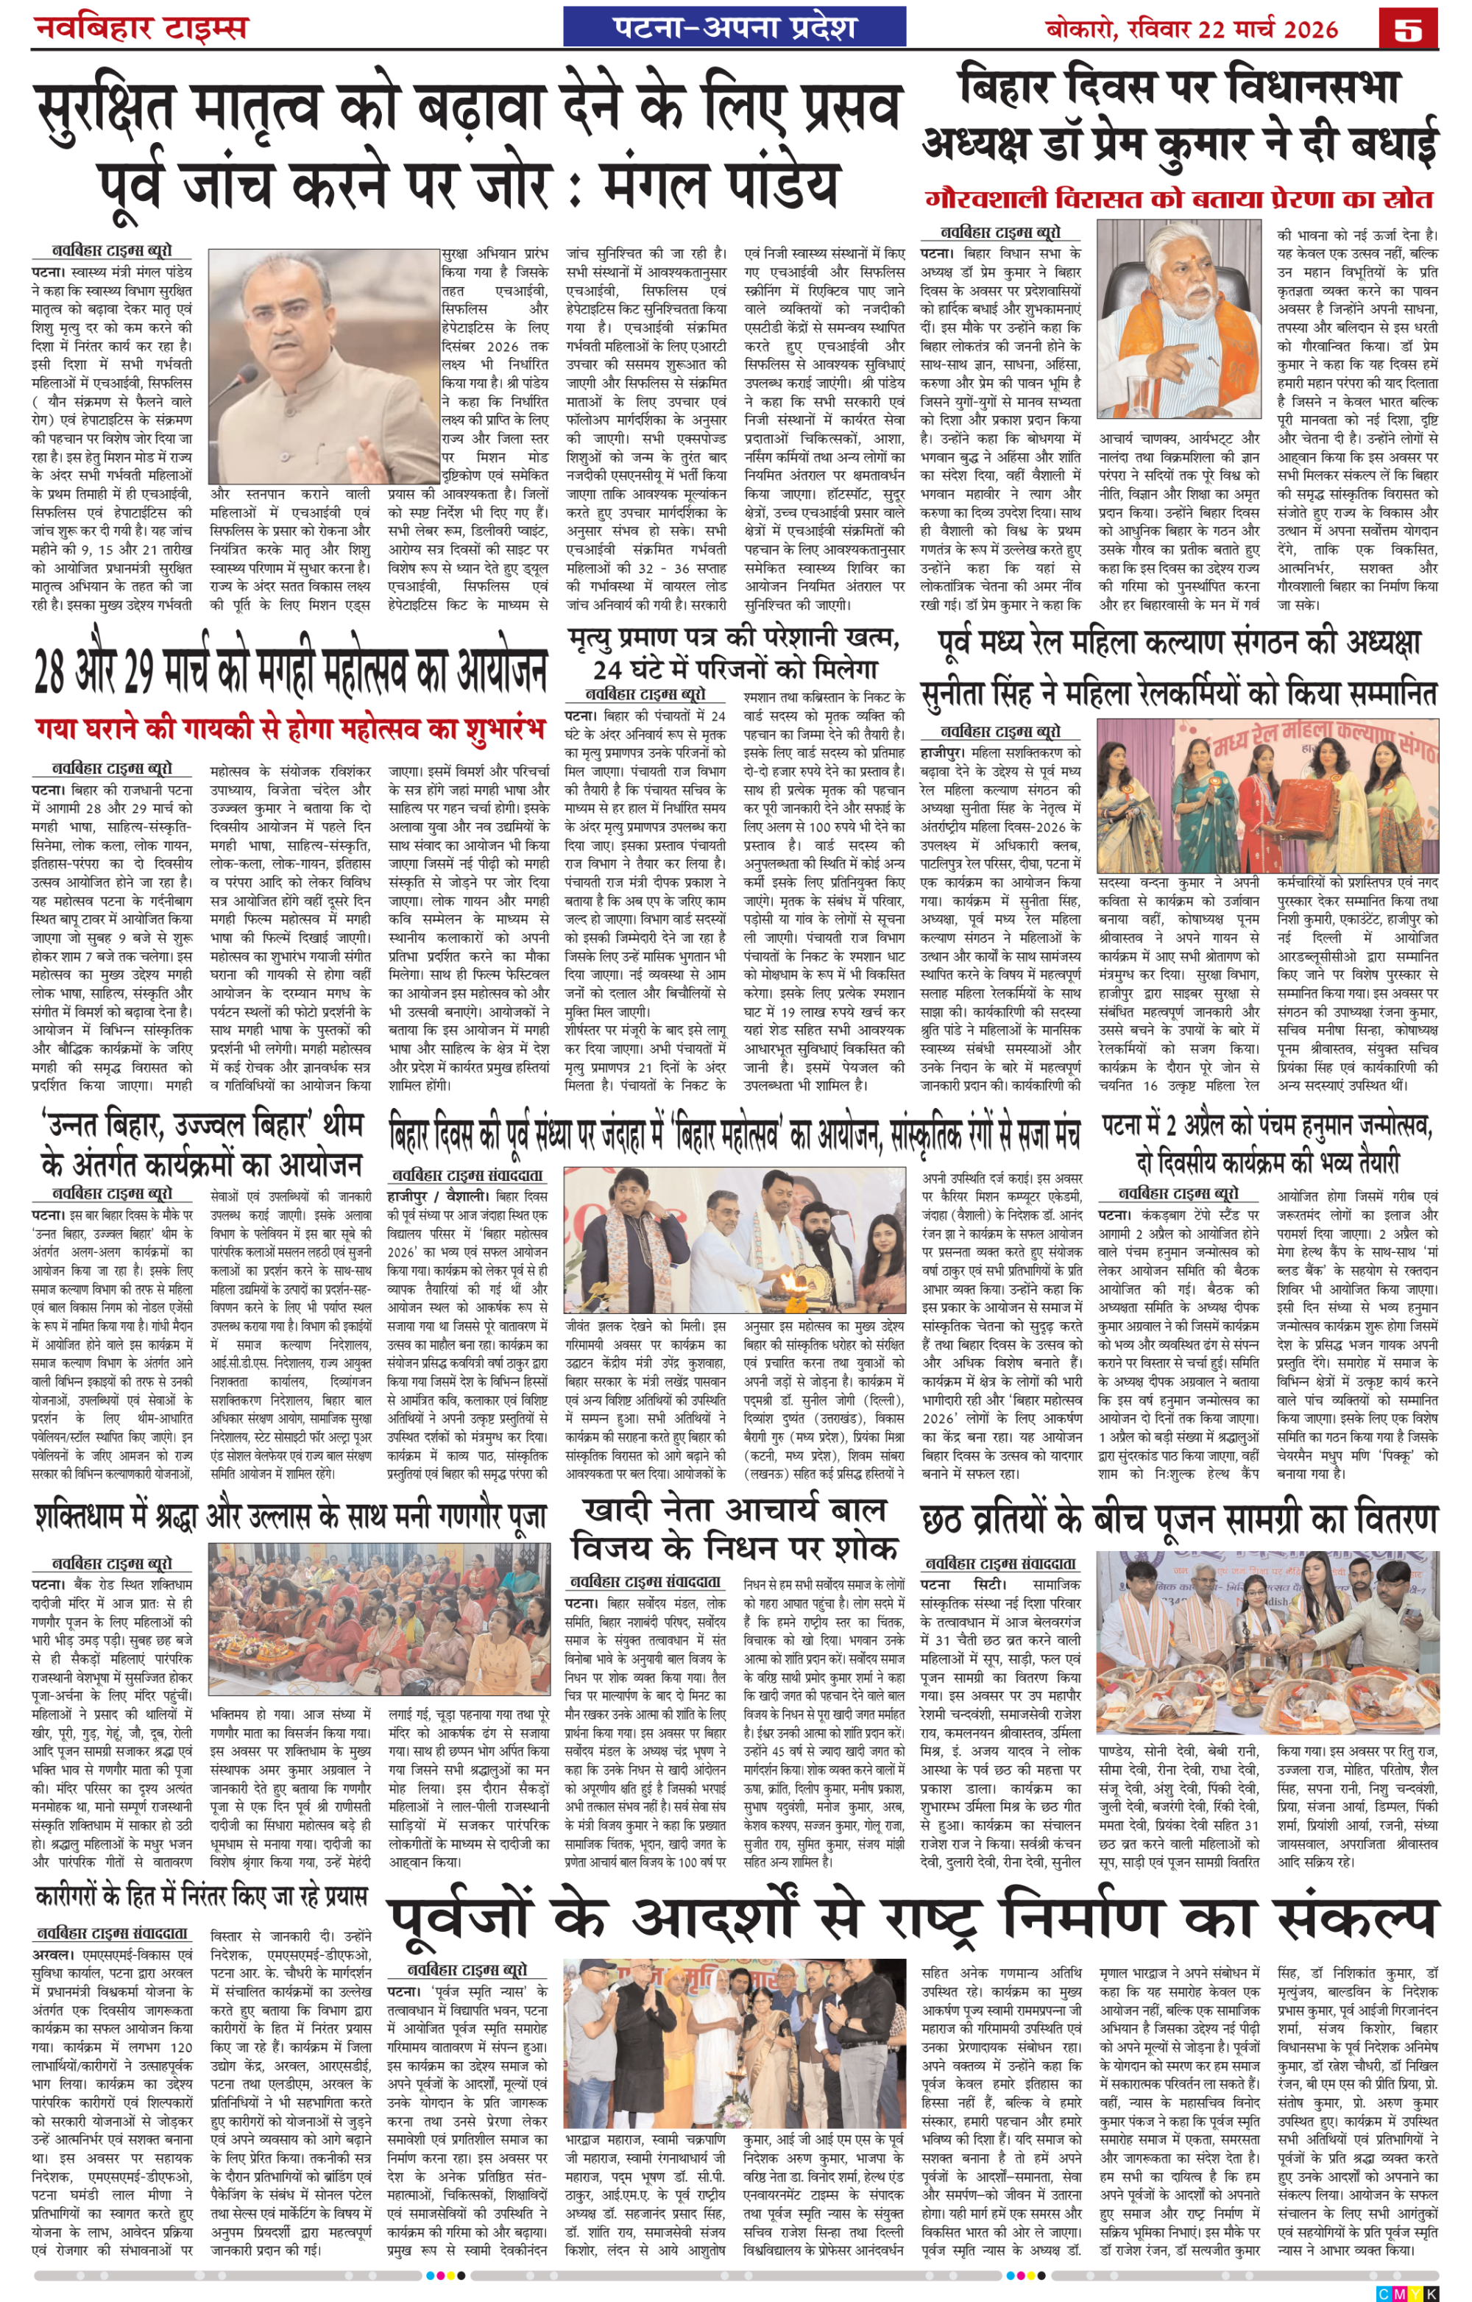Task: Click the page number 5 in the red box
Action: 1408,28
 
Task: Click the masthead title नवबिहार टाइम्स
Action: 141,26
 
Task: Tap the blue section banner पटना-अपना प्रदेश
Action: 734,27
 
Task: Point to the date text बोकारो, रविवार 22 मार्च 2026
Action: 1191,29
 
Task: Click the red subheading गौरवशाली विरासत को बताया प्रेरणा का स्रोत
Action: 1180,200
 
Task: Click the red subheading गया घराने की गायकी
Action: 287,729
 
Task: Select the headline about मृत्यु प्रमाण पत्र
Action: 734,652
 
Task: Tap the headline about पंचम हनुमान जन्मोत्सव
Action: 1267,1143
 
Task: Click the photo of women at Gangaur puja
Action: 378,1617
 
